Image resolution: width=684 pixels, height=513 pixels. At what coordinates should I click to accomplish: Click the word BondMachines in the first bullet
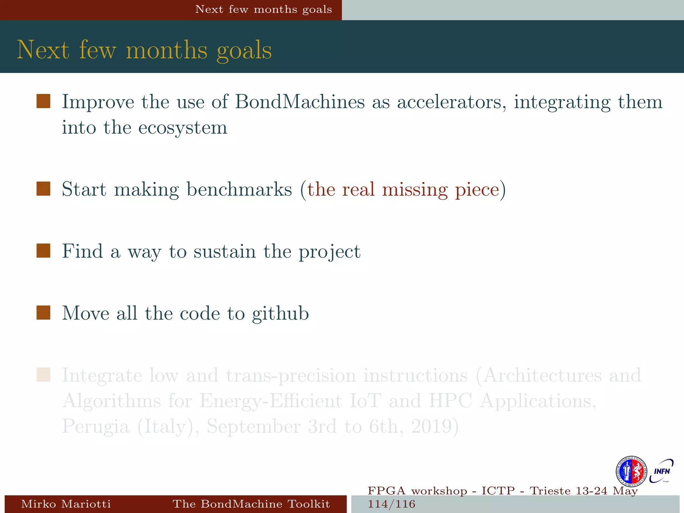300,102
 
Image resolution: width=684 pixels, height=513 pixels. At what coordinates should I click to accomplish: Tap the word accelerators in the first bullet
451,102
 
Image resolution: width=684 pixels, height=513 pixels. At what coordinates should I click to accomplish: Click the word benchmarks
239,189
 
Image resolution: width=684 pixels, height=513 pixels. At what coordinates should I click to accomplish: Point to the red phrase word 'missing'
414,189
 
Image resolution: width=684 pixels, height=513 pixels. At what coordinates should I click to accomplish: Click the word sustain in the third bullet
224,251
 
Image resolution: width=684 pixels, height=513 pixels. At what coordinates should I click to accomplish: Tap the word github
281,313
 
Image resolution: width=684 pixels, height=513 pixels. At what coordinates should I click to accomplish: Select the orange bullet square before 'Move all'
43,313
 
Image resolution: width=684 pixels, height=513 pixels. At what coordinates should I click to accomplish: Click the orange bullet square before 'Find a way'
43,251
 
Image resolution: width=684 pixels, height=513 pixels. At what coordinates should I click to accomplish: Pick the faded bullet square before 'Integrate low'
43,375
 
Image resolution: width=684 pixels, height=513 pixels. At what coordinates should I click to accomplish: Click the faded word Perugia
96,427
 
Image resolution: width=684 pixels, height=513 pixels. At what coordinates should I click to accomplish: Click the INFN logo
661,471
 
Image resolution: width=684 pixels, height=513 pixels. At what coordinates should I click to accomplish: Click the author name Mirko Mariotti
66,504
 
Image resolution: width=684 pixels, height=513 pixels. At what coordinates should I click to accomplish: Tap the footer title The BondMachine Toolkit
251,504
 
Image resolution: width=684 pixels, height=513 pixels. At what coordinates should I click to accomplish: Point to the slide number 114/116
391,504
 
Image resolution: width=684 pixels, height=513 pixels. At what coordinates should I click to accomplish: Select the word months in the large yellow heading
167,50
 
